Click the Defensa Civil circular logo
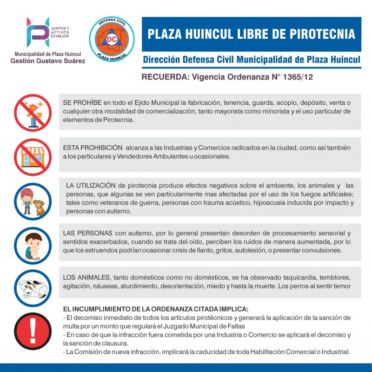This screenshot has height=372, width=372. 112,39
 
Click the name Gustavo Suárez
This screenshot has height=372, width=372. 62,61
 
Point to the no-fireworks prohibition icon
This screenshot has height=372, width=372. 33,114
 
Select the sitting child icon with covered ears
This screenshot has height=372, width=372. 33,246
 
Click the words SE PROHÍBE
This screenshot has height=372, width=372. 82,102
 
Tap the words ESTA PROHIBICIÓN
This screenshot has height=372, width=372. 93,148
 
